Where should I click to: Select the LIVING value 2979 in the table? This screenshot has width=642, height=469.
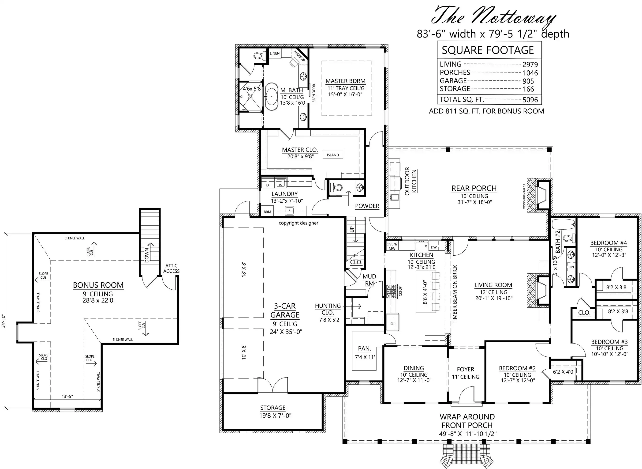pyautogui.click(x=530, y=65)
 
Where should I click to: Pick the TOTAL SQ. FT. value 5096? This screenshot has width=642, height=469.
pyautogui.click(x=530, y=100)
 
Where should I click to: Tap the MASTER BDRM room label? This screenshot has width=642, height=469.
pyautogui.click(x=346, y=81)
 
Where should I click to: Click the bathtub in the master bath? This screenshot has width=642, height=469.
pyautogui.click(x=271, y=97)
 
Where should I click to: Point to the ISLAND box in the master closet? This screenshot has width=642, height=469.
pyautogui.click(x=333, y=155)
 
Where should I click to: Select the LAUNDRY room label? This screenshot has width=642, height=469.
pyautogui.click(x=284, y=194)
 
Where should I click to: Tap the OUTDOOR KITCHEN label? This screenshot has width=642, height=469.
pyautogui.click(x=411, y=181)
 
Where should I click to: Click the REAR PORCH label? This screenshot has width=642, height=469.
pyautogui.click(x=474, y=189)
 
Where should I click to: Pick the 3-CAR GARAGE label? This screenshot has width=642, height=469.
pyautogui.click(x=285, y=310)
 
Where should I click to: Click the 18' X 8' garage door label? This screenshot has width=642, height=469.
pyautogui.click(x=244, y=269)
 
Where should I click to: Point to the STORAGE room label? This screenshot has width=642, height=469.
pyautogui.click(x=273, y=408)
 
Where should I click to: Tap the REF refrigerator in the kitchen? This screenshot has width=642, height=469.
pyautogui.click(x=392, y=323)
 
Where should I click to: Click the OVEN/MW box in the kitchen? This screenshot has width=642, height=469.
pyautogui.click(x=392, y=246)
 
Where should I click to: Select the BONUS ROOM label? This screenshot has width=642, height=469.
pyautogui.click(x=98, y=285)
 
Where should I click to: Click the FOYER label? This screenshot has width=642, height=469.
pyautogui.click(x=466, y=369)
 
